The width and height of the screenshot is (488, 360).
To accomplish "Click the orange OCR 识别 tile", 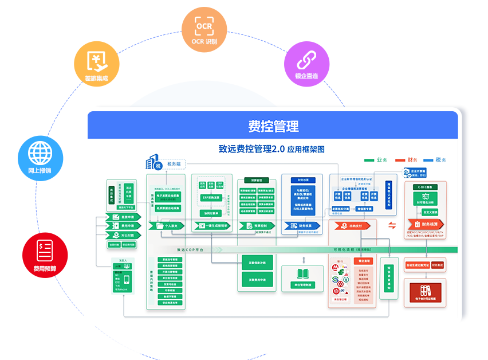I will pos(204,30).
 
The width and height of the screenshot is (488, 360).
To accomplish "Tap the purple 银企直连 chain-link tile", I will pos(306,64).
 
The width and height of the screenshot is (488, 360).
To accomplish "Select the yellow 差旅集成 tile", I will pos(96,64).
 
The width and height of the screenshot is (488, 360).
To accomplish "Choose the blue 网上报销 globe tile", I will pos(40,158).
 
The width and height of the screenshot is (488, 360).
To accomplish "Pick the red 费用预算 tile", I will pos(45,255).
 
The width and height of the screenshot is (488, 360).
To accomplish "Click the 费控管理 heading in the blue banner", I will pos(273,126).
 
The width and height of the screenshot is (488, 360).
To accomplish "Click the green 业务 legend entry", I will pos(376,160).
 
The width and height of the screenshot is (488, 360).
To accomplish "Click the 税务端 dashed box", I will pos(174,165).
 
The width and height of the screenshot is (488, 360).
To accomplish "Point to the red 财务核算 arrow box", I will pos(426,224).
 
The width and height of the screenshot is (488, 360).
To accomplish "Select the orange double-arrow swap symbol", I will pos(392,225).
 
